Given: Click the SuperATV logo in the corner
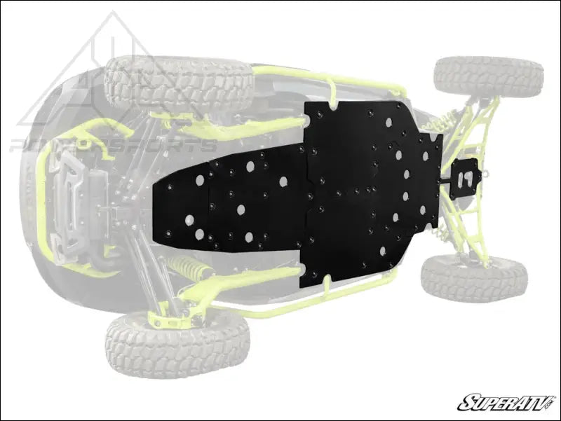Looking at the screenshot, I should [x=507, y=402].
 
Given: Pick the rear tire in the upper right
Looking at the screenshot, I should [x=488, y=76].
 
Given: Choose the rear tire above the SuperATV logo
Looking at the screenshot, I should [x=475, y=277].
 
